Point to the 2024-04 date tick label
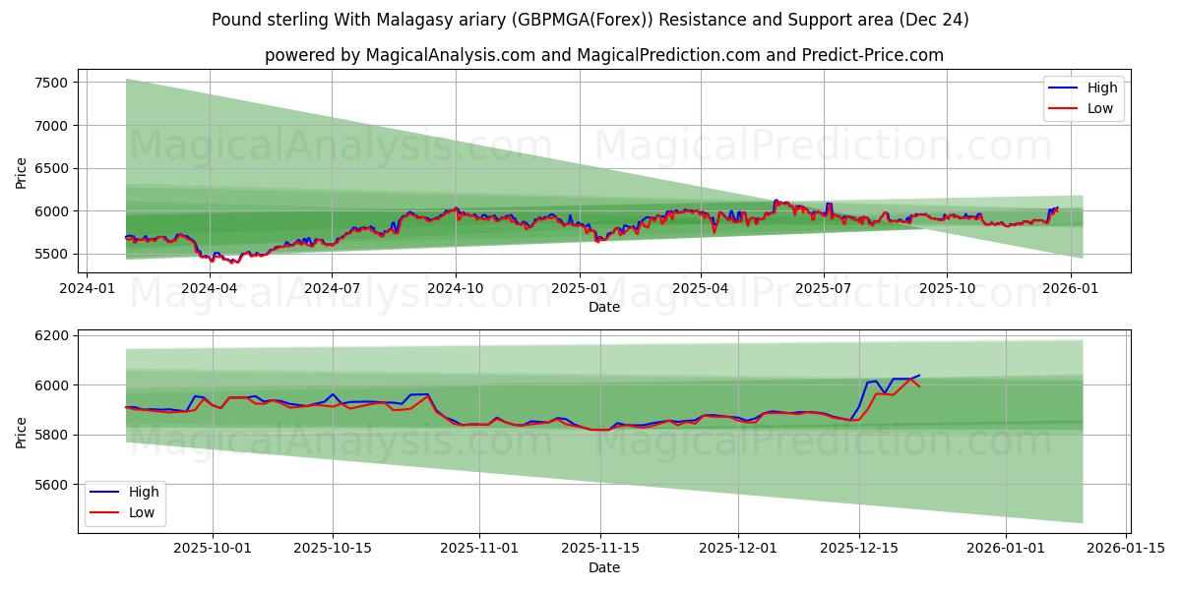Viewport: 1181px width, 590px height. pos(210,288)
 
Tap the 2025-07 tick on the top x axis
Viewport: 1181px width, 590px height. pos(823,288)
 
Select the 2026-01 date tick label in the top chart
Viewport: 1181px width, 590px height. pos(1069,288)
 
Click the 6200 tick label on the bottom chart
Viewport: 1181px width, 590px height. pos(51,335)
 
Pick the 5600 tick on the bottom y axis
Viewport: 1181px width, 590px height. pos(51,485)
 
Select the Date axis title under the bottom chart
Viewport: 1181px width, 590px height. pos(603,567)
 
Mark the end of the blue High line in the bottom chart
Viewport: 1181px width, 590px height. pos(919,376)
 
